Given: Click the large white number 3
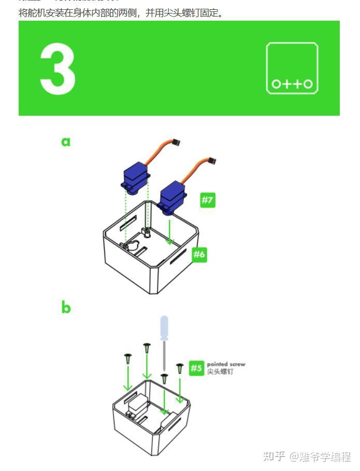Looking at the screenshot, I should point(57,68).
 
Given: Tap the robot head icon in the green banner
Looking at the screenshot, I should point(292,68).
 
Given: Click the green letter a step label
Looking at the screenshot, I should point(66,141).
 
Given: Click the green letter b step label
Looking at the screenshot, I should point(66,307).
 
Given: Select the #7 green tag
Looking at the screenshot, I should point(207,200).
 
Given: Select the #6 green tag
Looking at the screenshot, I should point(199,254).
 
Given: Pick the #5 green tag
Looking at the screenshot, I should point(196,368).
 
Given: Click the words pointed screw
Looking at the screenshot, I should point(226,364).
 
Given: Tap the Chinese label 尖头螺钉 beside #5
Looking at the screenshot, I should point(220,372).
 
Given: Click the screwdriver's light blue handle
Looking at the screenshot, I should point(164,328).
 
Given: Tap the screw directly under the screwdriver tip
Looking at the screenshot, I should point(164,379).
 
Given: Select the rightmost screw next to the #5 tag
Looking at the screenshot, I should point(180,369).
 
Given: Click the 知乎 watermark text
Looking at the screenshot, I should point(273,457).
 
